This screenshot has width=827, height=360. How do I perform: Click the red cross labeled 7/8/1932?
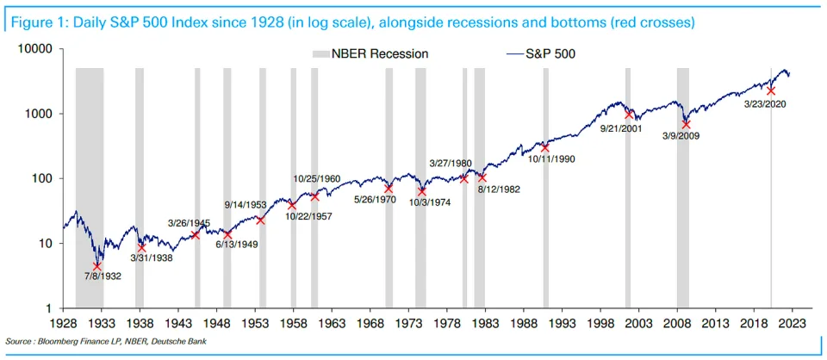point(97,266)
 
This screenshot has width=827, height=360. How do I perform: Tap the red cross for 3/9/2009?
point(687,124)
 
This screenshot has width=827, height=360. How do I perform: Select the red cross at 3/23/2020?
point(771,90)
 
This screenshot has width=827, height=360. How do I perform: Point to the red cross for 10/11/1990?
point(544,147)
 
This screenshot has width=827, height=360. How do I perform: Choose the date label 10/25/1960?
point(316,179)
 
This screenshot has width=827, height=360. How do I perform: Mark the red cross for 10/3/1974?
point(422,191)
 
